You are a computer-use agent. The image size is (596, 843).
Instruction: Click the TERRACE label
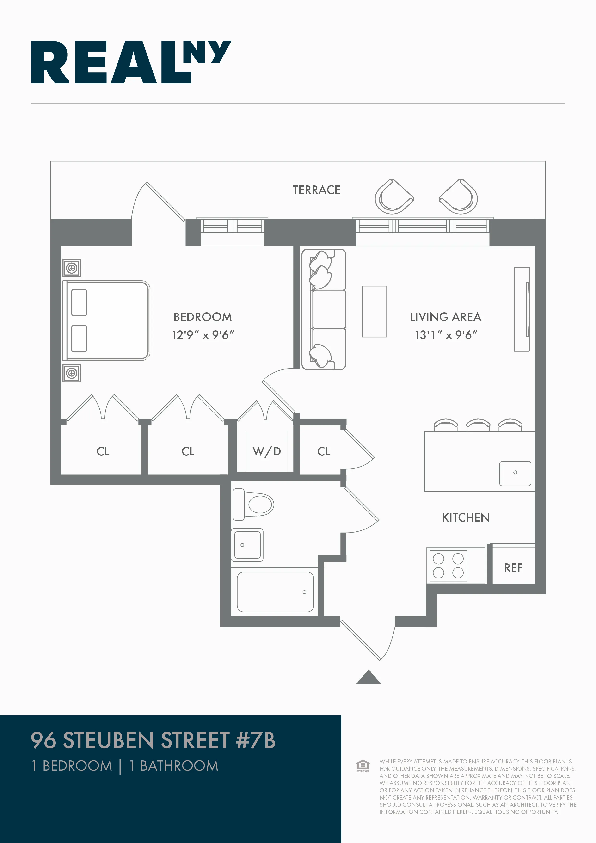pos(317,190)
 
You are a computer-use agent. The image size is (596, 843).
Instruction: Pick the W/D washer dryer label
pos(267,451)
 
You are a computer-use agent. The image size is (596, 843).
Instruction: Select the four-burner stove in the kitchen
pos(448,566)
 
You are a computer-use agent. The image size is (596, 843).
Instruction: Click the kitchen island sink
pos(515,473)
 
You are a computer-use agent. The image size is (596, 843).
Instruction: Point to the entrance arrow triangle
pos(368,678)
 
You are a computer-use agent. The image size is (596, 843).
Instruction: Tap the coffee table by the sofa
pos(374,311)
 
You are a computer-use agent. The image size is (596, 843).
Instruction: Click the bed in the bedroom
pos(106,320)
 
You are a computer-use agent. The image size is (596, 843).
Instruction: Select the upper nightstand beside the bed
pos(72,268)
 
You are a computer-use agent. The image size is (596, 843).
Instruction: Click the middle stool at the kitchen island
pos(478,425)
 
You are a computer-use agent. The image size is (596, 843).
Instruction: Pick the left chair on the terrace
pos(393,197)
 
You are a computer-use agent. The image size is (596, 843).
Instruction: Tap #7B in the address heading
pos(255,740)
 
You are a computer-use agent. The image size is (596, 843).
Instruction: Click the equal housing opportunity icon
pos(363,766)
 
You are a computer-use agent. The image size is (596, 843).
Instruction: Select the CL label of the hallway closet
pos(324,451)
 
